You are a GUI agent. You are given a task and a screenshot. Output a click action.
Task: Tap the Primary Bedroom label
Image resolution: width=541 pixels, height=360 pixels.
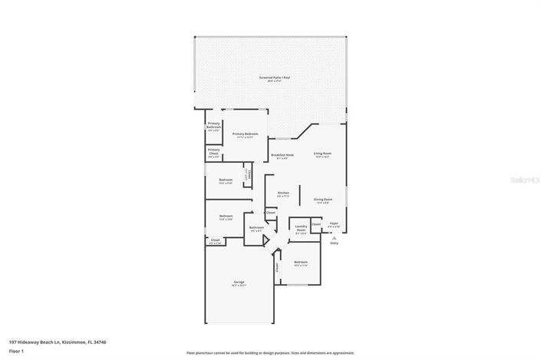(246, 134)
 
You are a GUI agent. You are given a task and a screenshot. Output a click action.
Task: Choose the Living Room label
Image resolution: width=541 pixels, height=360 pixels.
(322, 154)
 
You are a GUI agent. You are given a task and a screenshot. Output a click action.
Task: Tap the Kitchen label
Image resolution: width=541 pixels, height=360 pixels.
(283, 193)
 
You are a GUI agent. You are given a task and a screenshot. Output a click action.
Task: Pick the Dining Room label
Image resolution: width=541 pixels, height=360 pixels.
(322, 200)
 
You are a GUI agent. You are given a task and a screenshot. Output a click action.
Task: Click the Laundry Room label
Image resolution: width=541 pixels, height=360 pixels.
(301, 228)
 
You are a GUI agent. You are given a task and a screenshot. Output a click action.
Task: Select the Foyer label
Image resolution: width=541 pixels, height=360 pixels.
(333, 225)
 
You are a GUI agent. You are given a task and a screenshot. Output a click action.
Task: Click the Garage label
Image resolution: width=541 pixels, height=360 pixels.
(239, 282)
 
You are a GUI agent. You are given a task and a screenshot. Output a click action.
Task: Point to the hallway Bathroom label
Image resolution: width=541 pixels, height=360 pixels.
(256, 228)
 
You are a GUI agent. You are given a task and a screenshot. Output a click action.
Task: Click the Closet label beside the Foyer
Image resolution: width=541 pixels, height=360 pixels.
(315, 224)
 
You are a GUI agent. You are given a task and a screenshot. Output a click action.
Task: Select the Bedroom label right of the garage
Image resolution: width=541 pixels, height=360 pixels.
(300, 263)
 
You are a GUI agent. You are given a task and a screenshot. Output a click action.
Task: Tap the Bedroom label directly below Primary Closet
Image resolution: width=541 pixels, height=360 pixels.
(226, 181)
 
